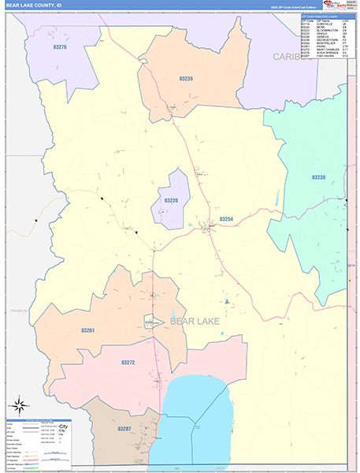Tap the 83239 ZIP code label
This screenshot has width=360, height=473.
pos(186,79)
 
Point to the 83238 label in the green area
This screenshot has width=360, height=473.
pos(318,177)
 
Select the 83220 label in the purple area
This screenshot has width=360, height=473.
pos(172,200)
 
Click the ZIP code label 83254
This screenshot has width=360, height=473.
pos(226,218)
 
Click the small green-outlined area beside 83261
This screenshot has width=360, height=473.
pos(153,322)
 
